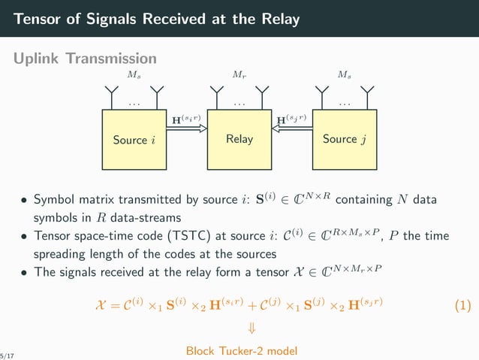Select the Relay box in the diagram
pos(239,140)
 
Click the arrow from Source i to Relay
pos(186,129)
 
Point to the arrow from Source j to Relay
pos(291,129)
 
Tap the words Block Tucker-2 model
pos(240,350)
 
